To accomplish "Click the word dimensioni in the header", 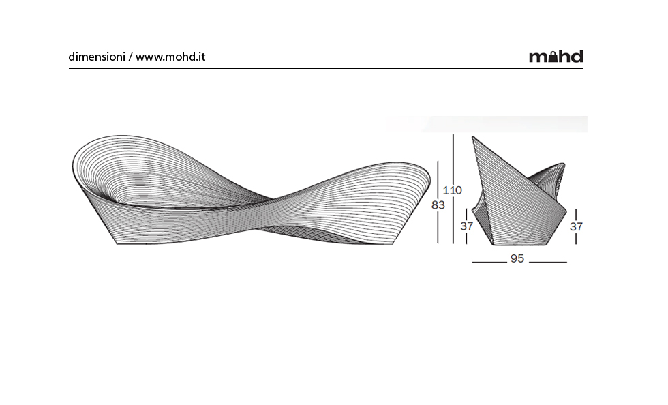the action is click(x=97, y=57).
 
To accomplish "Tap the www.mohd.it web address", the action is click(x=170, y=57).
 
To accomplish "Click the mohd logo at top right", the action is click(x=556, y=57).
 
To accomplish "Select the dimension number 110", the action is click(x=453, y=190).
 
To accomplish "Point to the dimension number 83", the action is click(x=438, y=205).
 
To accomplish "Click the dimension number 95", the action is click(x=517, y=259).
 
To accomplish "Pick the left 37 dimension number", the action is click(x=466, y=226).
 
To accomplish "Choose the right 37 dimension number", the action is click(x=576, y=226).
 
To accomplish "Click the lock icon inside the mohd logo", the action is click(x=553, y=57).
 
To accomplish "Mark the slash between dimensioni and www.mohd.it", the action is click(x=130, y=57).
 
